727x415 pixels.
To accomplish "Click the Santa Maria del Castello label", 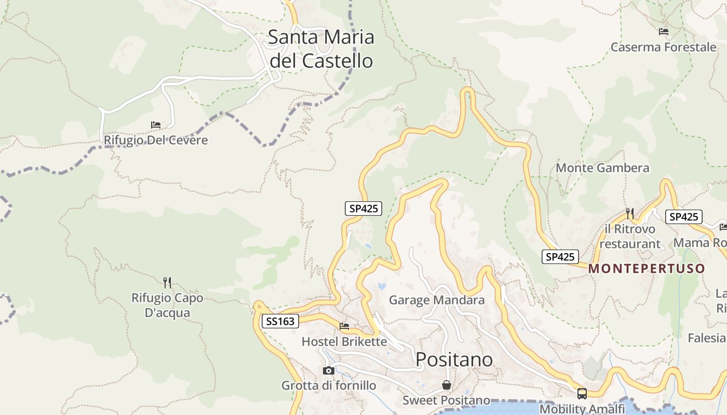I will coord(321,49).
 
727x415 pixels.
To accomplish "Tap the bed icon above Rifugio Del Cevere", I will coord(156,125).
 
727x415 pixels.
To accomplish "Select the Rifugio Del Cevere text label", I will coord(156,140).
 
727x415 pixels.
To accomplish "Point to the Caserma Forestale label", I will coord(663,47).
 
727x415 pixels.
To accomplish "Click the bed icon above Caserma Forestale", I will coord(663,32).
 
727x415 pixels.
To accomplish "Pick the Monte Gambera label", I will coord(602,168).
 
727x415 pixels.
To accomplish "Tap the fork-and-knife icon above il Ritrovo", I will coord(630,213).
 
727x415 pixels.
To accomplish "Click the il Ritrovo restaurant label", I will coord(629,236).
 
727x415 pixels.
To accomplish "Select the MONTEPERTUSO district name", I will coord(647,269).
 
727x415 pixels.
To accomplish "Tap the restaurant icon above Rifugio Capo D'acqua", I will coord(167,283).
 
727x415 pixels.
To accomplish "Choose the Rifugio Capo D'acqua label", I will coord(167,306).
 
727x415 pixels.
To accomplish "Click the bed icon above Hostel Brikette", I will coord(344,326).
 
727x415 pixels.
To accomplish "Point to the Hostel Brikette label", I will coord(344,342).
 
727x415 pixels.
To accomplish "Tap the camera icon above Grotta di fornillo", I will coord(328,370).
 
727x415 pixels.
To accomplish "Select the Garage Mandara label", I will coord(437,300).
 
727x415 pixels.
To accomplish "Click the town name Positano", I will coord(454,359).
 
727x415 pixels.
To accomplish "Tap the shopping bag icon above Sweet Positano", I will coord(446,385).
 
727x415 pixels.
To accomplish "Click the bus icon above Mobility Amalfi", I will coord(582,394).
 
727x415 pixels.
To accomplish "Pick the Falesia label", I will coord(706,338).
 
